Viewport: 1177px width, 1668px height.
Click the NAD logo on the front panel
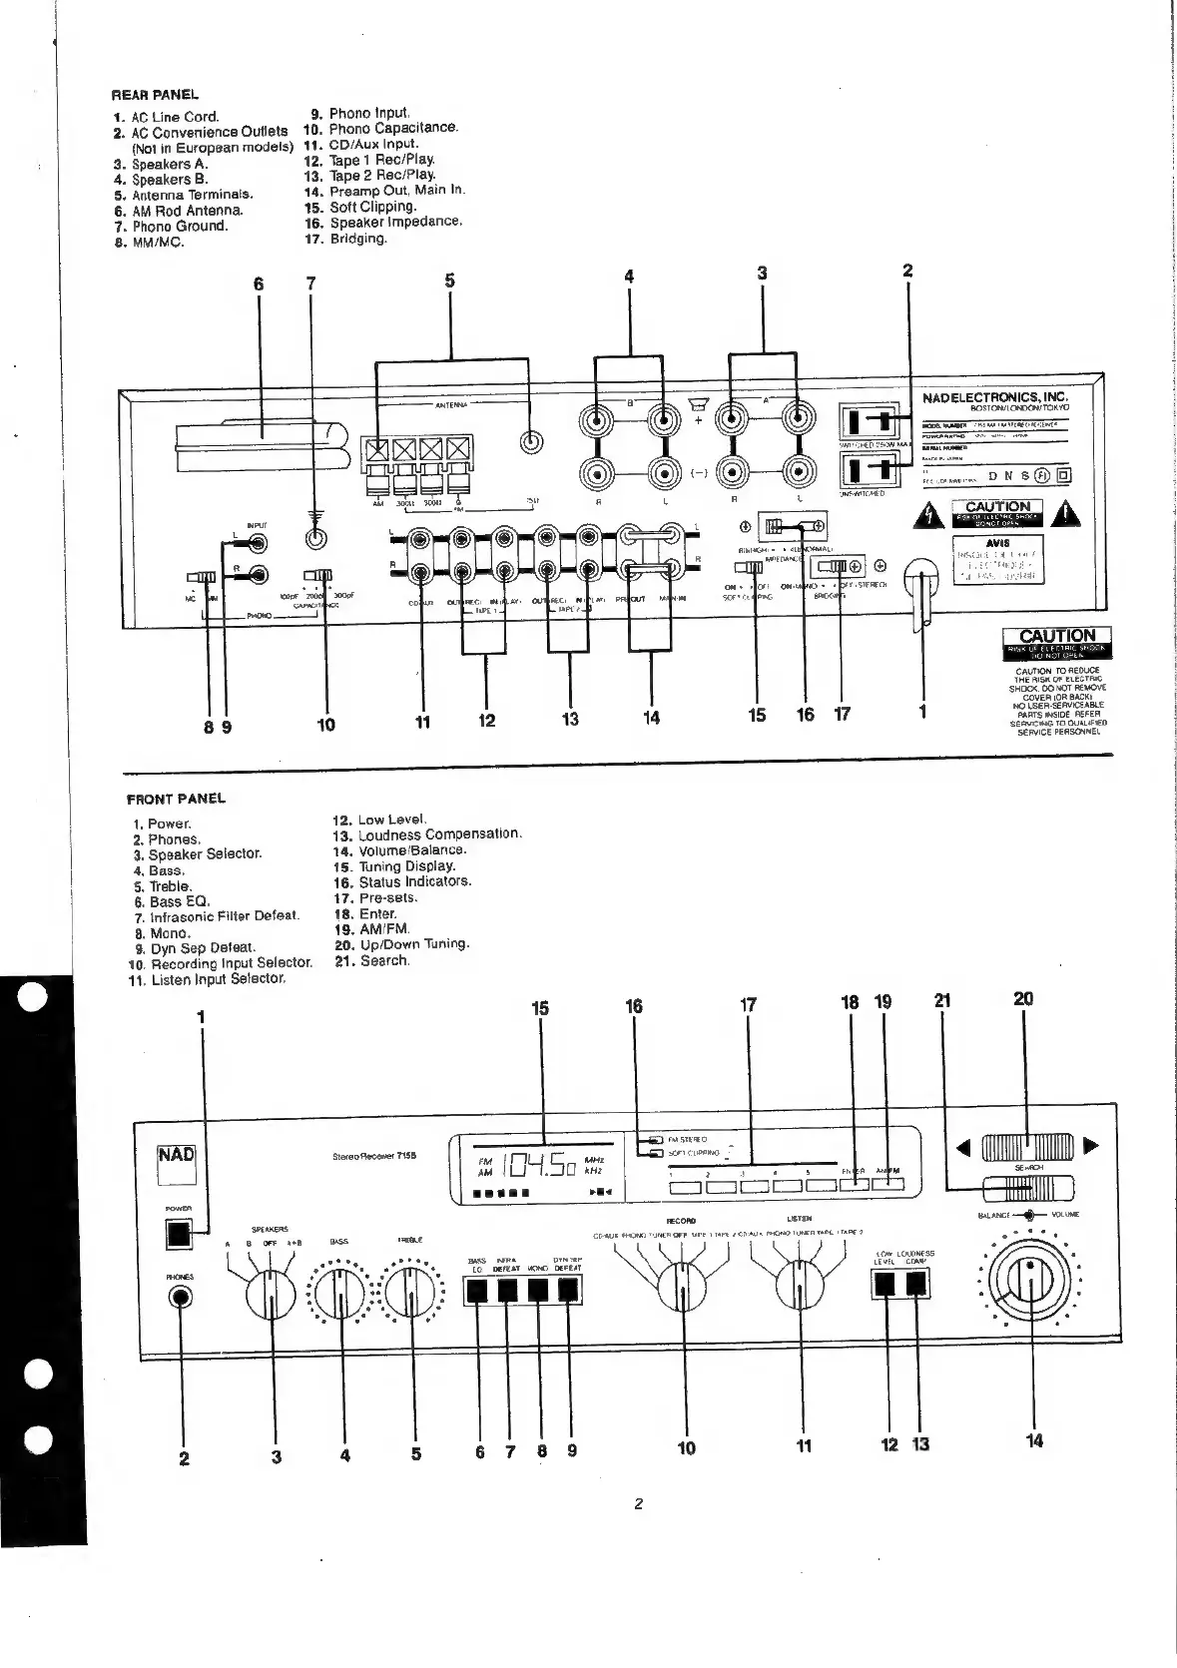point(177,1156)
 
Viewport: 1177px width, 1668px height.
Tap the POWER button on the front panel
point(179,1235)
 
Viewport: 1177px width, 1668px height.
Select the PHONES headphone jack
point(182,1297)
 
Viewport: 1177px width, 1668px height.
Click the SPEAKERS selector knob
point(270,1295)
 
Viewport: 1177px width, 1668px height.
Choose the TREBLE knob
point(410,1295)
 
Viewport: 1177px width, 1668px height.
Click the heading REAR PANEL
point(155,95)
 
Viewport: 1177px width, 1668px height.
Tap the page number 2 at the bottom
point(638,1504)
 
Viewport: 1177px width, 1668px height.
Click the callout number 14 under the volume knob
point(1034,1440)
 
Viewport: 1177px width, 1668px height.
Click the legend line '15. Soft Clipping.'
point(360,207)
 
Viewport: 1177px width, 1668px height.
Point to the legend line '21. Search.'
point(371,960)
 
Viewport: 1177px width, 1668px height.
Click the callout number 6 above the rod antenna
point(259,284)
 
